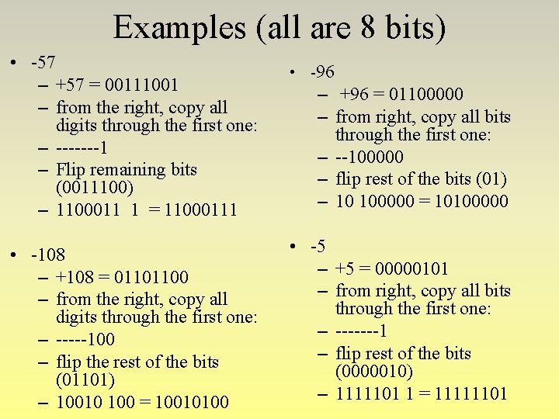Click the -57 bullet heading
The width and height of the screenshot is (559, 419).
[43, 61]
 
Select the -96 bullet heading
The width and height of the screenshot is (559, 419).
[322, 72]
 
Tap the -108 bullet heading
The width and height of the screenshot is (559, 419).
[48, 255]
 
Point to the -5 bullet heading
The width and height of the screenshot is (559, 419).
[318, 247]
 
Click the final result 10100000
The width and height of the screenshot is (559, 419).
[470, 202]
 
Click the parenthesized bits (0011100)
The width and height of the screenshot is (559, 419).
[95, 188]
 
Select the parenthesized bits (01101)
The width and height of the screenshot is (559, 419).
[85, 380]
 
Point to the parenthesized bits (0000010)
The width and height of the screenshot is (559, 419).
[374, 372]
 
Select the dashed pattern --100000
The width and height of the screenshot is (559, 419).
[370, 157]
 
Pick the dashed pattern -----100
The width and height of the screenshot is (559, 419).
[85, 340]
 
